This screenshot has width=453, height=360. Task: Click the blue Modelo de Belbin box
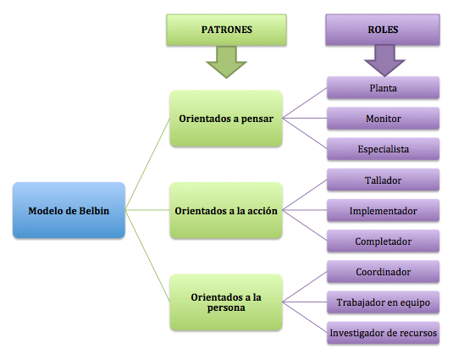(69, 210)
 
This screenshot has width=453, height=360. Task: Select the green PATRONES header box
(226, 30)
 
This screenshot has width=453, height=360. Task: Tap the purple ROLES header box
(384, 30)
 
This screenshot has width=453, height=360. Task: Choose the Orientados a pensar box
(226, 119)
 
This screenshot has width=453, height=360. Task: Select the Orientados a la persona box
(226, 302)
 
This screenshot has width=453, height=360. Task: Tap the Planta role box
(384, 87)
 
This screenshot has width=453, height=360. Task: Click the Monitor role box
(384, 119)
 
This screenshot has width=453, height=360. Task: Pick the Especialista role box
(384, 149)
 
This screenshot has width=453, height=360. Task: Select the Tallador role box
(384, 180)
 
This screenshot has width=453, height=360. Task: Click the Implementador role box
(384, 210)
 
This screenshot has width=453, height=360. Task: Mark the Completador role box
(384, 241)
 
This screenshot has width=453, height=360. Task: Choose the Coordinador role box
(384, 272)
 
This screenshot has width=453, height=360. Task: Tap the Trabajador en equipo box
(384, 302)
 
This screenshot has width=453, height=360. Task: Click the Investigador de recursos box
(384, 333)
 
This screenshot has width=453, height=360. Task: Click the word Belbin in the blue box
(95, 210)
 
